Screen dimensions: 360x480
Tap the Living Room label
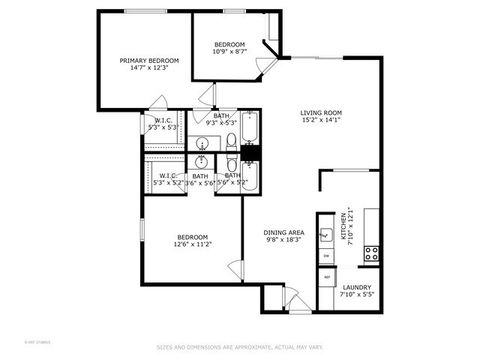[321, 113]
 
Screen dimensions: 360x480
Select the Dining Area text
[283, 232]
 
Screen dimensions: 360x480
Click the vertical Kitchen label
[344, 227]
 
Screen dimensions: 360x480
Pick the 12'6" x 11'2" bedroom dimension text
[191, 244]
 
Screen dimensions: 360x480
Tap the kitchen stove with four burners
[371, 251]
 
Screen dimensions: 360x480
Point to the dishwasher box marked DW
[327, 256]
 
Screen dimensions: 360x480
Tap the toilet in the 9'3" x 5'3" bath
[230, 141]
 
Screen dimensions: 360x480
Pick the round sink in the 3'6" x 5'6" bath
[204, 162]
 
